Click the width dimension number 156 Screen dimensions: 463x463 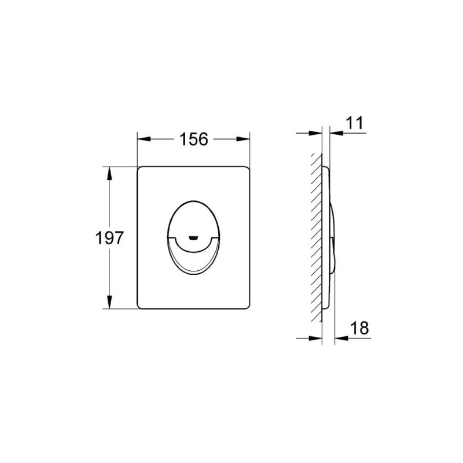(193, 139)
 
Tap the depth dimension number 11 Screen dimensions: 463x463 (354, 122)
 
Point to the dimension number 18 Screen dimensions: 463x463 (359, 328)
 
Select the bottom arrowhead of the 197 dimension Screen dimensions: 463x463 (109, 304)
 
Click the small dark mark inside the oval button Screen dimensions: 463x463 (193, 237)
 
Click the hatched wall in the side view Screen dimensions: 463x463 (316, 237)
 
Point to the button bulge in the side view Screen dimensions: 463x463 (334, 237)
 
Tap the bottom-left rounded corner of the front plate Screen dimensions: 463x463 (140, 307)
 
